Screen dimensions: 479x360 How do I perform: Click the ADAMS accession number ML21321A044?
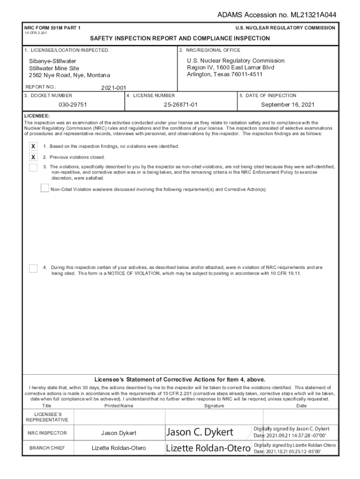point(277,15)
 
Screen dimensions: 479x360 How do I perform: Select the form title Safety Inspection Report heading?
point(180,38)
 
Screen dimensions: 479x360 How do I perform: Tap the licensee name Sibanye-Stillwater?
point(52,61)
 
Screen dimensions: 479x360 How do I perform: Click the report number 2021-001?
point(114,87)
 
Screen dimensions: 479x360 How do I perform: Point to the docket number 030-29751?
point(72,105)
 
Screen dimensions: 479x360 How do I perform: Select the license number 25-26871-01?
point(180,105)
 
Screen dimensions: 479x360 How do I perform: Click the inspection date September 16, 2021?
point(288,105)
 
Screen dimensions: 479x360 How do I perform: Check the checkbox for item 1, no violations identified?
point(33,146)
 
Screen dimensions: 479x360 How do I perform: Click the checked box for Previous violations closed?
point(33,157)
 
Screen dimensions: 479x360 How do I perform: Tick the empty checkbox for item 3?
point(33,167)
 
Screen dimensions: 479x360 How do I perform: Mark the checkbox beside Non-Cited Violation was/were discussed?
point(45,189)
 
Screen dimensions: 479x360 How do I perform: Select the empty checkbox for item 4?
point(33,268)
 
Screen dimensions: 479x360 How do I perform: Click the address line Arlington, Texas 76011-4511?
point(224,74)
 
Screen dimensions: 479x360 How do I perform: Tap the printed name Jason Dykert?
point(119,433)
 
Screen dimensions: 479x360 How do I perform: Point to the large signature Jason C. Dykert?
point(200,432)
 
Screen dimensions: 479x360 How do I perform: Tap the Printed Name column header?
point(119,406)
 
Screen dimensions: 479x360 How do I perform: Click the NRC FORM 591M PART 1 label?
point(52,28)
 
